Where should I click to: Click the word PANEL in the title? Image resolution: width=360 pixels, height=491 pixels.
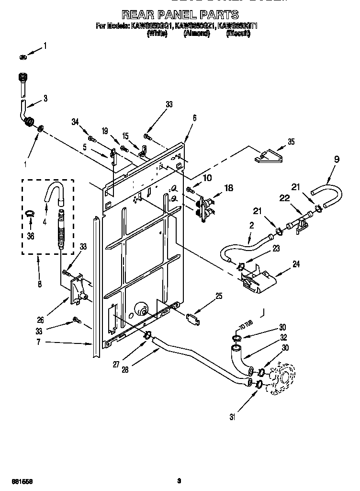click(x=178, y=15)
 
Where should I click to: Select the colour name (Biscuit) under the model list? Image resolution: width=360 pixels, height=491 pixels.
click(x=238, y=34)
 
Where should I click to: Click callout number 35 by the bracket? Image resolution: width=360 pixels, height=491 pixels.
click(x=291, y=142)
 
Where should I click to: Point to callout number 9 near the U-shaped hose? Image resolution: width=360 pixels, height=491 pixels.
click(x=337, y=160)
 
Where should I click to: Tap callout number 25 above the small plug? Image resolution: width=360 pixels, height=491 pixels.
click(x=218, y=296)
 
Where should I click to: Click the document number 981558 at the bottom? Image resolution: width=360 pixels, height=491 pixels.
click(x=15, y=480)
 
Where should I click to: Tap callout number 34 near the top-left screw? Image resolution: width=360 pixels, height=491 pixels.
click(x=75, y=123)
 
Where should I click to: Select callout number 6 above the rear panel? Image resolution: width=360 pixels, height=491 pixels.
click(x=194, y=117)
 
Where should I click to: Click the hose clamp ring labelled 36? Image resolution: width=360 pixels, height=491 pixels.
click(x=30, y=214)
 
